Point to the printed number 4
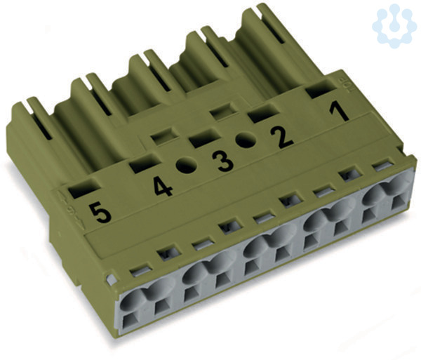(x=162, y=187)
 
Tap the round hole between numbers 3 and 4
(x=187, y=165)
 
